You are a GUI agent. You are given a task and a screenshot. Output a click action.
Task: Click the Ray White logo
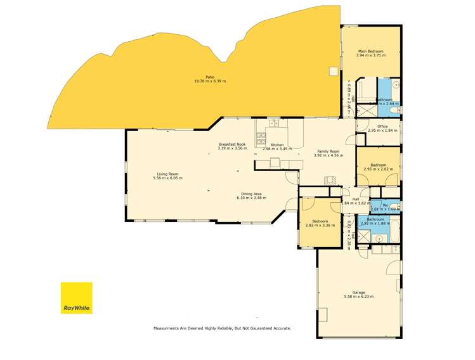(x=76, y=298)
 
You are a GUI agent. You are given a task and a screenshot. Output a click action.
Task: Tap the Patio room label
(x=210, y=77)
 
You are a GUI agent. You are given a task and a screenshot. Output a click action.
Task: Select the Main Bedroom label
(x=371, y=51)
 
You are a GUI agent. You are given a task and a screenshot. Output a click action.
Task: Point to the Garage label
(x=359, y=292)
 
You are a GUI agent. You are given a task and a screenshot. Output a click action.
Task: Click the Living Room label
(x=167, y=174)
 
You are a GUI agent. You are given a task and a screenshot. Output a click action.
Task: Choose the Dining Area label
(x=252, y=194)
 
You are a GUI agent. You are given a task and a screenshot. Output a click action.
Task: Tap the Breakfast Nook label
(x=231, y=144)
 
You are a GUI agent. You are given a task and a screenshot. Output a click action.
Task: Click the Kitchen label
(x=277, y=145)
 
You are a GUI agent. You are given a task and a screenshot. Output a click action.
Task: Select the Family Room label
(x=329, y=151)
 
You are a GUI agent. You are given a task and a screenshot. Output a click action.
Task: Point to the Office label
(x=382, y=126)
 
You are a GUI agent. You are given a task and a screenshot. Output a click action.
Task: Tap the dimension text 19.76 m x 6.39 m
(x=210, y=82)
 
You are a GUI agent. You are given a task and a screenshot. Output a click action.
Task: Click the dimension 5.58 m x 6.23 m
(x=359, y=297)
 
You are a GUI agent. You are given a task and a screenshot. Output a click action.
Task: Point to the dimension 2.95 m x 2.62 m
(x=379, y=169)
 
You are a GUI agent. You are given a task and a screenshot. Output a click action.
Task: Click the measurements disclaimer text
(x=222, y=328)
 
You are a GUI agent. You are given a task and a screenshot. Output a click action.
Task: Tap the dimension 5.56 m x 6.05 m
(x=167, y=178)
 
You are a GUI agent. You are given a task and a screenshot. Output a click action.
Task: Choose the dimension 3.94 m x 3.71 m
(x=371, y=55)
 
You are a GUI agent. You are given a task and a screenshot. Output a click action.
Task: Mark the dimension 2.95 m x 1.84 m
(x=382, y=131)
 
